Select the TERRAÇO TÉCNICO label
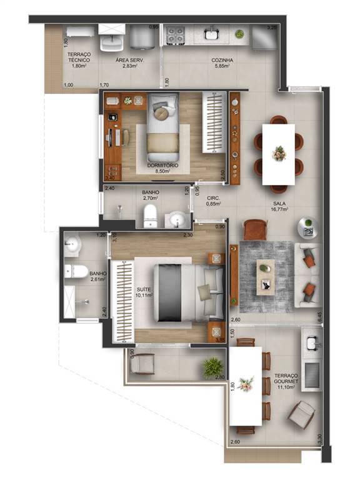pos(79,60)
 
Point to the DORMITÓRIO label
pos(162,166)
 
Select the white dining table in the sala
pos(278,154)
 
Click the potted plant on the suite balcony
pos(212,367)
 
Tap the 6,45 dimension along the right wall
pos(319,317)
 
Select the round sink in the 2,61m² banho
pos(73,244)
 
